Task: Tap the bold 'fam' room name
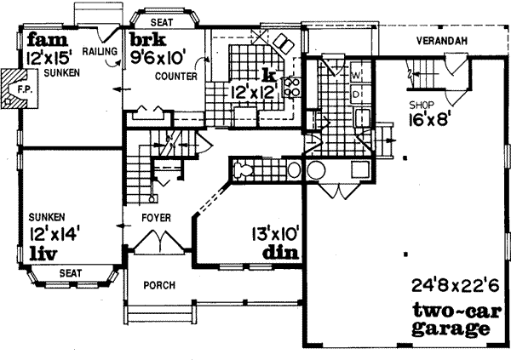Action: tap(43, 39)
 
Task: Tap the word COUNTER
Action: tap(176, 77)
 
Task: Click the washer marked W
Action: tap(356, 74)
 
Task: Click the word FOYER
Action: tap(155, 218)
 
